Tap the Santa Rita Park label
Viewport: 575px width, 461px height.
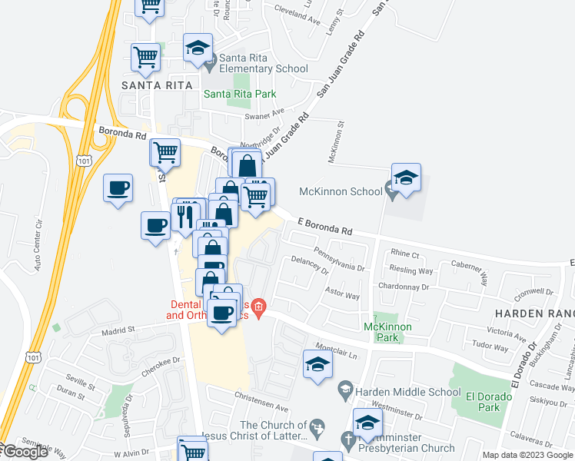(240, 95)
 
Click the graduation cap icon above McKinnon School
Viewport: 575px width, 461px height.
(405, 177)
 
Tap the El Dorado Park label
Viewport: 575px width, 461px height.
(481, 403)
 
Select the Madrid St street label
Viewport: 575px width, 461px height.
(118, 330)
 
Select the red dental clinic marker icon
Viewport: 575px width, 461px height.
(259, 310)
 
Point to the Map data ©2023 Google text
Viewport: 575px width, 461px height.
(527, 455)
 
